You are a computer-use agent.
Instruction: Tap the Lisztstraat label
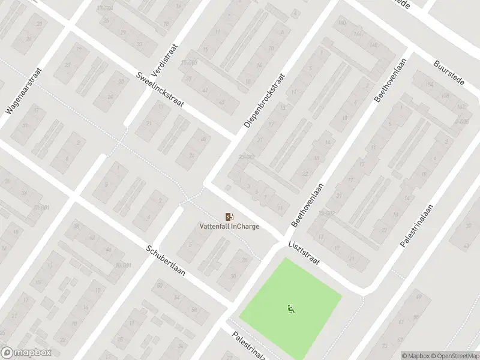(305, 255)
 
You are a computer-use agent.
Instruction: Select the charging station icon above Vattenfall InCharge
(229, 217)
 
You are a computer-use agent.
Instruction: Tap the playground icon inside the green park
(290, 310)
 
